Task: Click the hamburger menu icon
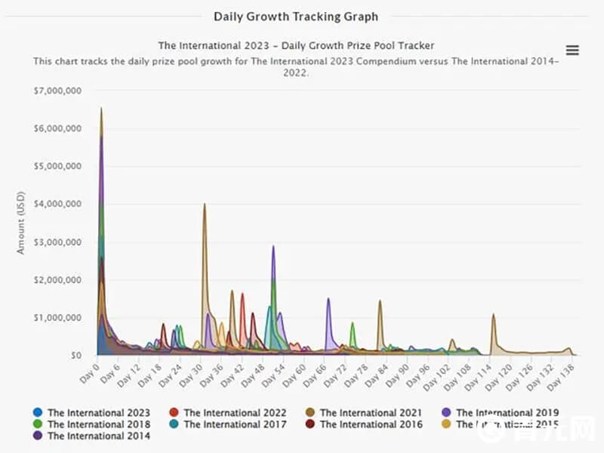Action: (572, 51)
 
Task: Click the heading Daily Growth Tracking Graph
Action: (296, 16)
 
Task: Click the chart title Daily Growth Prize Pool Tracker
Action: (296, 46)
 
